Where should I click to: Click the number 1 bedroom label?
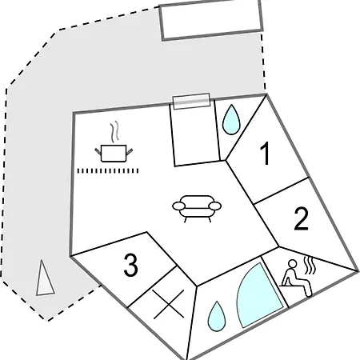(x=266, y=153)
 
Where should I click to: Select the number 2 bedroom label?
(x=302, y=218)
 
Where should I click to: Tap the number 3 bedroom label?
(x=131, y=265)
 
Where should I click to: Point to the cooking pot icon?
(x=114, y=153)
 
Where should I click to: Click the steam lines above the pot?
(x=115, y=132)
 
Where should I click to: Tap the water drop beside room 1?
(x=231, y=119)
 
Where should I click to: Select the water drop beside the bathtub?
(x=217, y=316)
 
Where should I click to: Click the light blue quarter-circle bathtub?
(x=258, y=296)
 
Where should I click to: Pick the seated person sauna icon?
(x=296, y=278)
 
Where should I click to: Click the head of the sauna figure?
(x=293, y=263)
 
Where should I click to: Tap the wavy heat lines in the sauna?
(x=310, y=265)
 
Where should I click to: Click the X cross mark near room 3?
(x=169, y=305)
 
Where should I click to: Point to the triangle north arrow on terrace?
(x=44, y=278)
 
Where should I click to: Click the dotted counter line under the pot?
(x=108, y=171)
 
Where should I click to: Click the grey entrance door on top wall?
(x=191, y=101)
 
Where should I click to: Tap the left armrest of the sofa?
(x=178, y=206)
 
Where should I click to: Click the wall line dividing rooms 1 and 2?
(x=282, y=191)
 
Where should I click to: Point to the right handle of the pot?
(x=130, y=152)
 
